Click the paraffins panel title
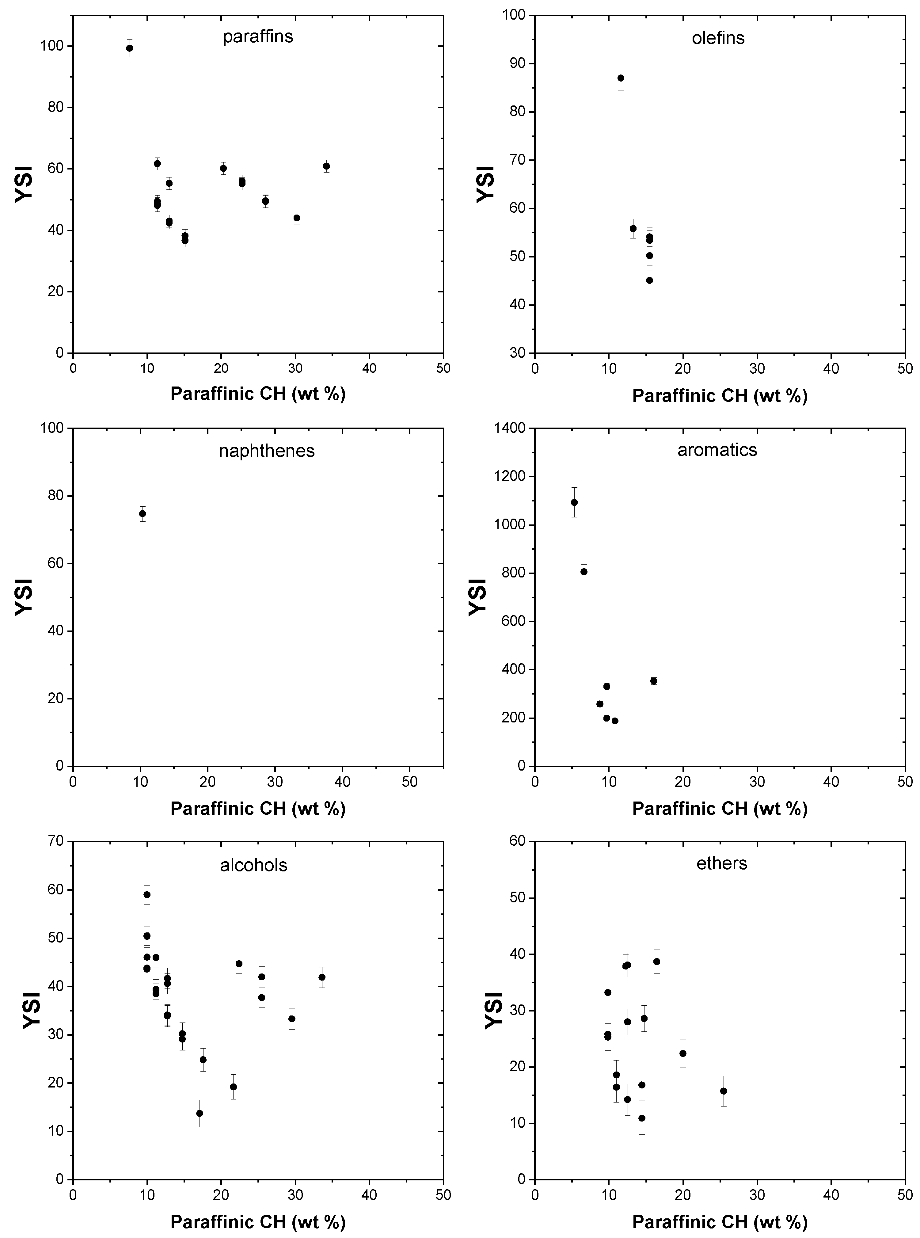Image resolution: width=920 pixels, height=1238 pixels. (258, 37)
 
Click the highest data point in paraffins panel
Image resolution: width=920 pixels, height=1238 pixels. (130, 48)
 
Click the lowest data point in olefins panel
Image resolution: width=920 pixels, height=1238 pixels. (649, 280)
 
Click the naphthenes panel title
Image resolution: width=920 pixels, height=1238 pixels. (267, 451)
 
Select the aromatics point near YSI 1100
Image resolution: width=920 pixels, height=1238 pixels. (574, 502)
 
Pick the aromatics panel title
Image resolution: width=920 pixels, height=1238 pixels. (717, 450)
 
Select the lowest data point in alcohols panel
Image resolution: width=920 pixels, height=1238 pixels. (200, 1113)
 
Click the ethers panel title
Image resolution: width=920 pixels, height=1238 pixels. (722, 864)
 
